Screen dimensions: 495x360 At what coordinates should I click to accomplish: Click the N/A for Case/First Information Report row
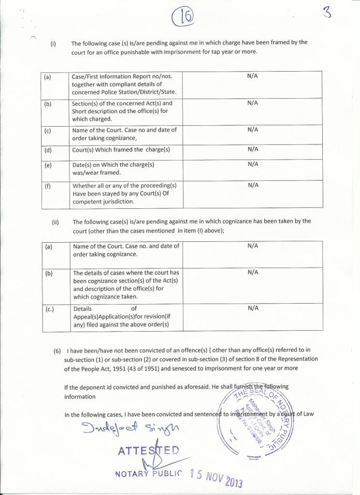point(252,76)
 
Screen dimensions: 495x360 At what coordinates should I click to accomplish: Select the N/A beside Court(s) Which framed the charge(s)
point(253,149)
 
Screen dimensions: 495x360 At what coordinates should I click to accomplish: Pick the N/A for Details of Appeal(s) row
point(253,308)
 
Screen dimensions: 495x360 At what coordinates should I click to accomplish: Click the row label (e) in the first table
point(48,165)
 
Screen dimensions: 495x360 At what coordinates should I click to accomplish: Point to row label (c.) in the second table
point(49,308)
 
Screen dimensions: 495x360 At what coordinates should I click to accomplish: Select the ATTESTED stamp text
point(148,451)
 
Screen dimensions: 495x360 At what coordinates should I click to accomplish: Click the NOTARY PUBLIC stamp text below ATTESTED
point(149,473)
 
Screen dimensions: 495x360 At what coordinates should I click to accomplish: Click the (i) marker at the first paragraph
point(53,43)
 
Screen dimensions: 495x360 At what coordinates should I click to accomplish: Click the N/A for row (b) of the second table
point(253,272)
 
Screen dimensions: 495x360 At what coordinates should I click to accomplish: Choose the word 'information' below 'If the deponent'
point(80,396)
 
